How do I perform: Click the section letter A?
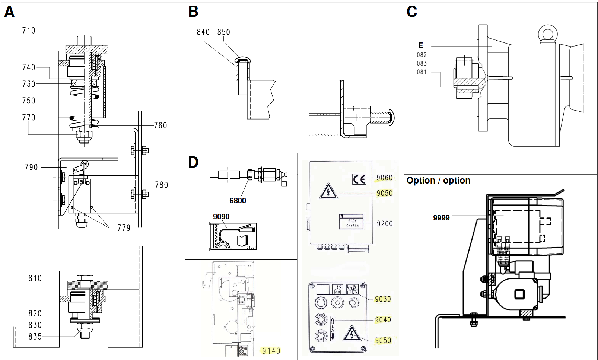[9, 12]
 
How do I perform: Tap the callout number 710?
[29, 31]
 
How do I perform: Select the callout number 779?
[124, 228]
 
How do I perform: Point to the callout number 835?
[35, 337]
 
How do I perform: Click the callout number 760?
[160, 125]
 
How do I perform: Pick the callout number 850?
[224, 32]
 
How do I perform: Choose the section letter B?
[193, 12]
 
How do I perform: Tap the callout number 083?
[422, 64]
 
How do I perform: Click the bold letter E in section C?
[420, 45]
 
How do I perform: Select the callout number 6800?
[238, 201]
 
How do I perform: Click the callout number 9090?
[221, 217]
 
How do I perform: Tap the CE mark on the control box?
[359, 179]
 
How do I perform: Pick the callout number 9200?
[385, 224]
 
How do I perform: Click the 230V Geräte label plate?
[351, 222]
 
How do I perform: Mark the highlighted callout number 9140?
[271, 351]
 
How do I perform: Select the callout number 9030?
[383, 299]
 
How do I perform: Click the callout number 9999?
[441, 218]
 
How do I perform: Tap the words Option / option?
[438, 181]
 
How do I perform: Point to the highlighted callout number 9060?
[385, 178]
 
